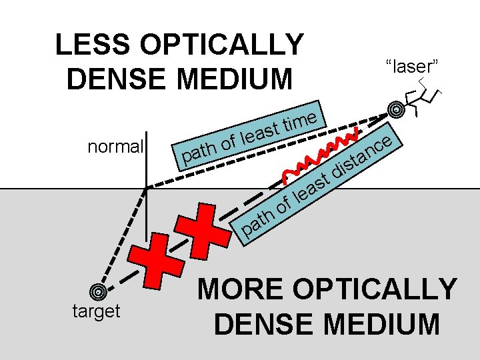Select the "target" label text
click(97, 311)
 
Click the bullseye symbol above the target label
click(98, 291)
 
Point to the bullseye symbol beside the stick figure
click(396, 109)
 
